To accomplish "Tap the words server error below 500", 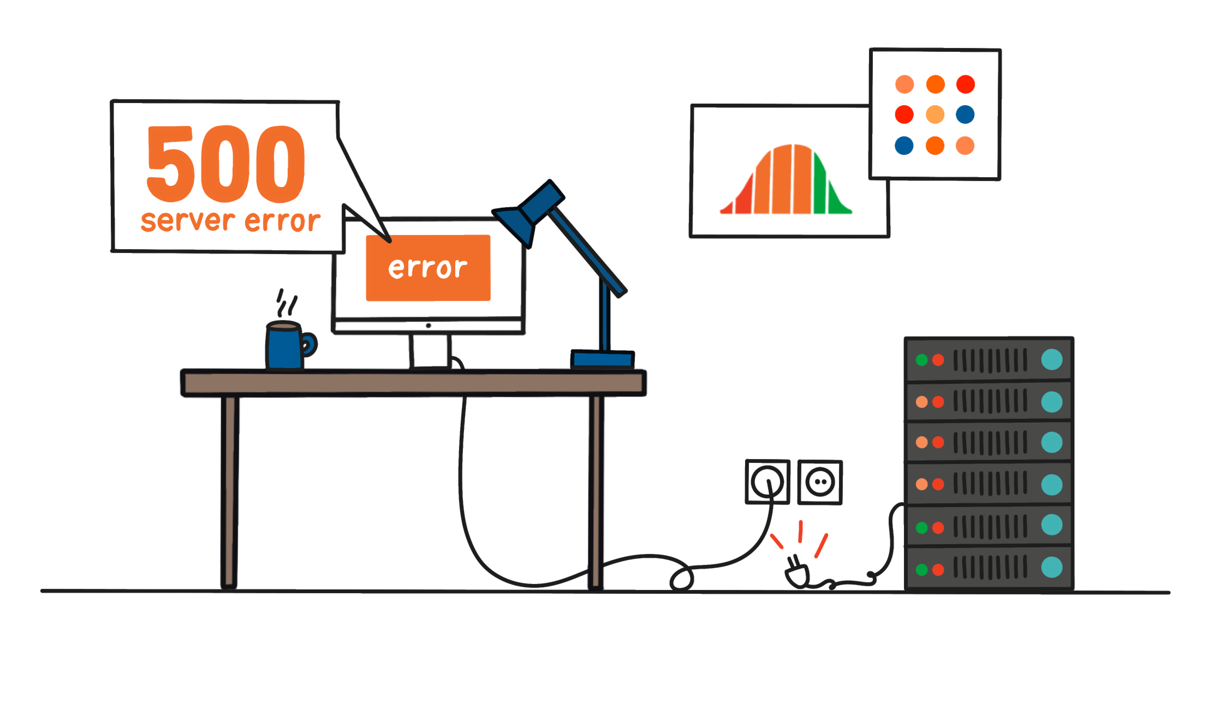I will click(230, 221).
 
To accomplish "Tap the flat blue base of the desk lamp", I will click(602, 359).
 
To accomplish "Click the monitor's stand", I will click(430, 351).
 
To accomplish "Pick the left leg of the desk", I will click(229, 491).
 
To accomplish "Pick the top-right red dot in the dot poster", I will click(965, 84).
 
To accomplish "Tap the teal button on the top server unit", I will click(1052, 359).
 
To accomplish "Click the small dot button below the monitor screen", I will click(428, 326).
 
